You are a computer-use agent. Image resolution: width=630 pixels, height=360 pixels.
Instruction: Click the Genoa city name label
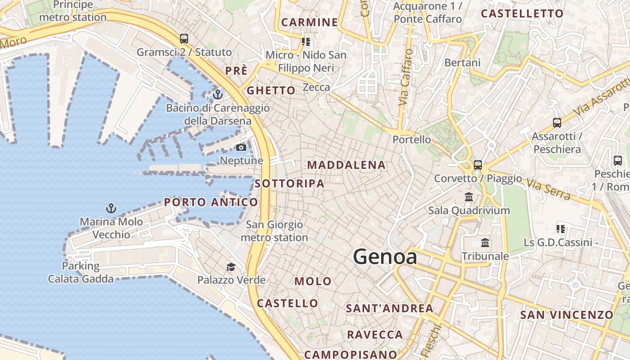point(385,256)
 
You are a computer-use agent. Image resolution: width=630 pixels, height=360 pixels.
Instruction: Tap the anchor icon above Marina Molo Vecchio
point(111,208)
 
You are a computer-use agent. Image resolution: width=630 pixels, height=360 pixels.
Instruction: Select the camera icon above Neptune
point(241,147)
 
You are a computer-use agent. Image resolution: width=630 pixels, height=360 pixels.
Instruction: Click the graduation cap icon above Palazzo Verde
point(231,267)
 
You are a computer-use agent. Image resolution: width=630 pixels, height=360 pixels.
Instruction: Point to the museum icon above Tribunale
point(485,243)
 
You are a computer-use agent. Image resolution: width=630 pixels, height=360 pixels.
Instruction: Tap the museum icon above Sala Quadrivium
point(469,197)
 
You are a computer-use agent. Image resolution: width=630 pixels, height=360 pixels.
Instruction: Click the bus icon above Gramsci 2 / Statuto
point(184,39)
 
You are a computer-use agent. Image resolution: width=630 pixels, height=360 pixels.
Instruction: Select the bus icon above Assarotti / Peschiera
point(557,122)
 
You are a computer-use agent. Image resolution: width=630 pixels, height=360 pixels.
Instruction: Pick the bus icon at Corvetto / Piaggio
point(478,165)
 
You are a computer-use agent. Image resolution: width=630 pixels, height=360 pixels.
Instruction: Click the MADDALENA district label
point(346,165)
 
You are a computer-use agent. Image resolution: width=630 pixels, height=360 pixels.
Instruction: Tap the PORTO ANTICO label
point(211,202)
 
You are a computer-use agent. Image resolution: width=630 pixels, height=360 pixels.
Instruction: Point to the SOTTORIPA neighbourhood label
point(289,184)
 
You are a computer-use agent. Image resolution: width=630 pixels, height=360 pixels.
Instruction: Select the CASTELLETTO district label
point(522,13)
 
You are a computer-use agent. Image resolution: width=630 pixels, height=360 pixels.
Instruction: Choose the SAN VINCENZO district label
point(567,315)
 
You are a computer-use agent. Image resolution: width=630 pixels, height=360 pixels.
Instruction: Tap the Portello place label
point(412,139)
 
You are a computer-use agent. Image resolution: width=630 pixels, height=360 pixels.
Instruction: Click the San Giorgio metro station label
point(274,231)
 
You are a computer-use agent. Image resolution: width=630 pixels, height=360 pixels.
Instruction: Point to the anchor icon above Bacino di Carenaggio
point(218,94)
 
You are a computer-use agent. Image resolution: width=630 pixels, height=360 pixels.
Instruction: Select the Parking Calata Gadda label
point(81,272)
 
